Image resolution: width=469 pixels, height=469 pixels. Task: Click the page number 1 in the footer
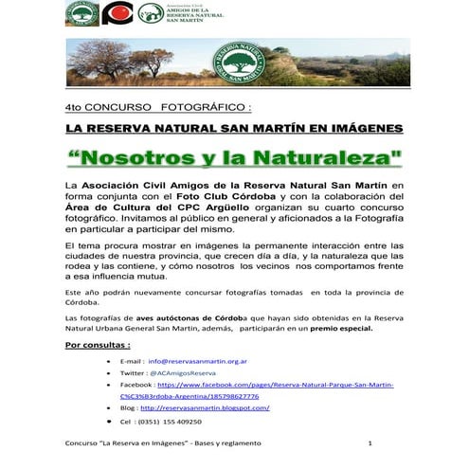point(370,444)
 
